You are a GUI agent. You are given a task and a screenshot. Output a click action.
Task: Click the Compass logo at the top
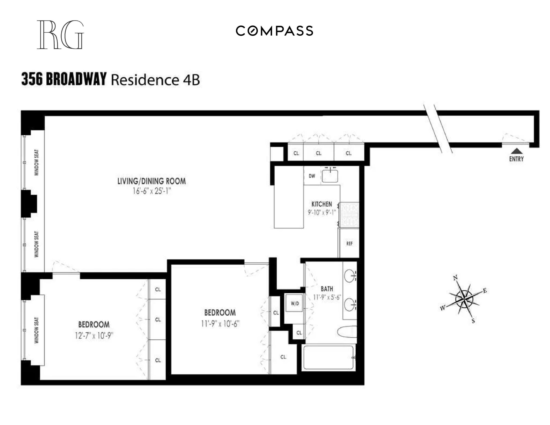274,31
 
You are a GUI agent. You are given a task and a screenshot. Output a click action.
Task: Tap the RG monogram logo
60,35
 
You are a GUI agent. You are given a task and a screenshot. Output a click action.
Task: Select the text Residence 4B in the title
155,80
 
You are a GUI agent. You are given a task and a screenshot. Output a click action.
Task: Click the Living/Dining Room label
152,181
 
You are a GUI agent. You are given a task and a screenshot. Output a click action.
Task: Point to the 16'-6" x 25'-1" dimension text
152,191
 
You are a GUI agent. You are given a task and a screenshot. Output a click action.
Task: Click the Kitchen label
322,204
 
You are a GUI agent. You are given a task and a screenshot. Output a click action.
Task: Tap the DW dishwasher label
312,176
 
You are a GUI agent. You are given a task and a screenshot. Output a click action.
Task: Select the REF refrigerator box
349,243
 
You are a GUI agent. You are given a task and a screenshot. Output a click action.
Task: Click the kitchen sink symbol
330,176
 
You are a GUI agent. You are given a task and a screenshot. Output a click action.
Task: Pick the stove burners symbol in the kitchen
349,215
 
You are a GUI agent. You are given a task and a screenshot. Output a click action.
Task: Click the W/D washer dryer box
295,303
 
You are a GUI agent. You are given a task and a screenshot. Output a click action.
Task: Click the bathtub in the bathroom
328,358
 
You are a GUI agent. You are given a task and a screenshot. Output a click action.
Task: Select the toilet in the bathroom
347,332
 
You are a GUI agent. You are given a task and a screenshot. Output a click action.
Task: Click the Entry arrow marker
517,151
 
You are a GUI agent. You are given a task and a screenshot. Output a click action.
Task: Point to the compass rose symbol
464,299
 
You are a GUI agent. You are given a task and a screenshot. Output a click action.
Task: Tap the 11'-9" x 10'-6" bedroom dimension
220,323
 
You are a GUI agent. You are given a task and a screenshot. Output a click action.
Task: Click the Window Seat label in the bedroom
37,330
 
